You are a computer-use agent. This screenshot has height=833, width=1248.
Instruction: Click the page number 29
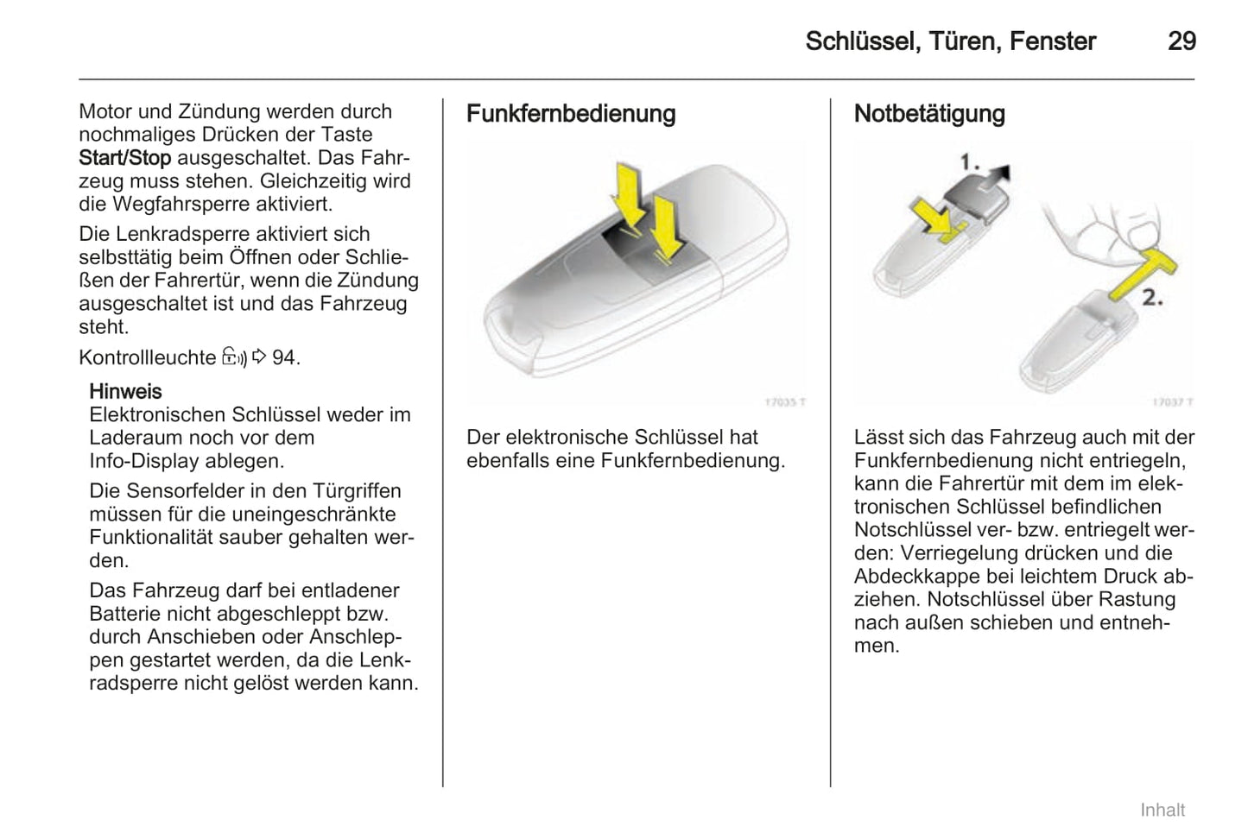(x=1181, y=41)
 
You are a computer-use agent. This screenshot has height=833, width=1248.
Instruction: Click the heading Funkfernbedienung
(x=571, y=114)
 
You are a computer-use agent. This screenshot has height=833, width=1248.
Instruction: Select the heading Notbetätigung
(x=929, y=114)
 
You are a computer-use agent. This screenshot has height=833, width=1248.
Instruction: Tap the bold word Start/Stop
(x=124, y=158)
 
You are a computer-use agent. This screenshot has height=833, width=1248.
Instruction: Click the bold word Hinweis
(x=125, y=391)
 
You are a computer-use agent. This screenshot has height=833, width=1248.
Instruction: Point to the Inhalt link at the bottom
(x=1162, y=810)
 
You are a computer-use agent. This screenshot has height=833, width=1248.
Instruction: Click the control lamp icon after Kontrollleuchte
(x=234, y=357)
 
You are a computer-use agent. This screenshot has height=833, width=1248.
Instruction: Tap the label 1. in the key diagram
(x=972, y=161)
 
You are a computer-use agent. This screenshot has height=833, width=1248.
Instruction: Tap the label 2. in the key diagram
(x=1152, y=298)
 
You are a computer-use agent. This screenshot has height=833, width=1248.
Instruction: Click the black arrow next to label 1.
(x=999, y=174)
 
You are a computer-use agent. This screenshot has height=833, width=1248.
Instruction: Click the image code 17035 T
(x=785, y=402)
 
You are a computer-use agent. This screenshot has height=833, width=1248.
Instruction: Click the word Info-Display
(x=143, y=461)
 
